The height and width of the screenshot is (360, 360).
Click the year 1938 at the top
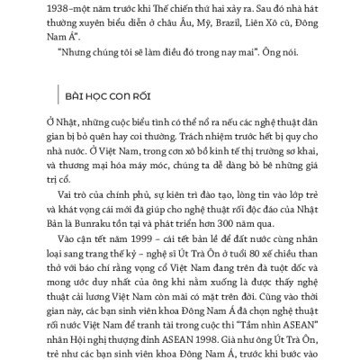tap(60, 7)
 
